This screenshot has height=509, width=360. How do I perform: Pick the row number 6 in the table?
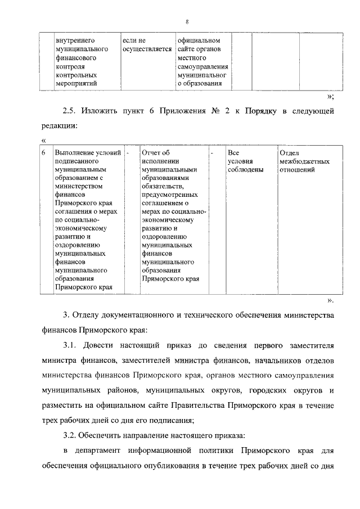pyautogui.click(x=44, y=152)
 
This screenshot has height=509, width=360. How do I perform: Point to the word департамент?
pyautogui.click(x=100, y=451)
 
